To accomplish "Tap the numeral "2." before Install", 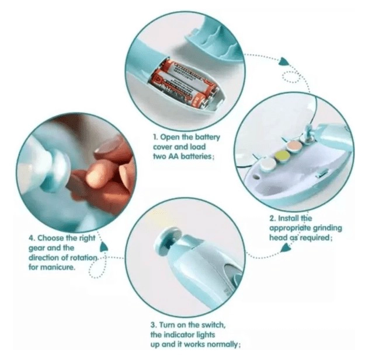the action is [273, 219].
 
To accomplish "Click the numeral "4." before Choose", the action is [32, 238].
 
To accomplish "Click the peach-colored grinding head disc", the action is [294, 146].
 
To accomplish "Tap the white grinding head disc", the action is [268, 164].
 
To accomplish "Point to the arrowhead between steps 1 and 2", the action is [284, 62].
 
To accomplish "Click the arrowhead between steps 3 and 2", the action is [286, 248].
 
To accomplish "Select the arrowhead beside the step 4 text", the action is [103, 247].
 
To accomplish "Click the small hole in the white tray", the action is [256, 177].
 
